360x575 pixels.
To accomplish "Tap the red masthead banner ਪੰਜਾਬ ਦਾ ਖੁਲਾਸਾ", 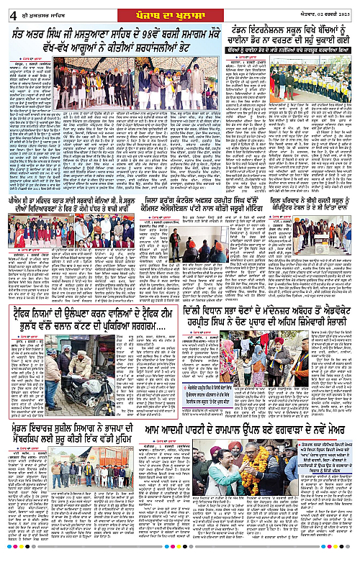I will [179, 8].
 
